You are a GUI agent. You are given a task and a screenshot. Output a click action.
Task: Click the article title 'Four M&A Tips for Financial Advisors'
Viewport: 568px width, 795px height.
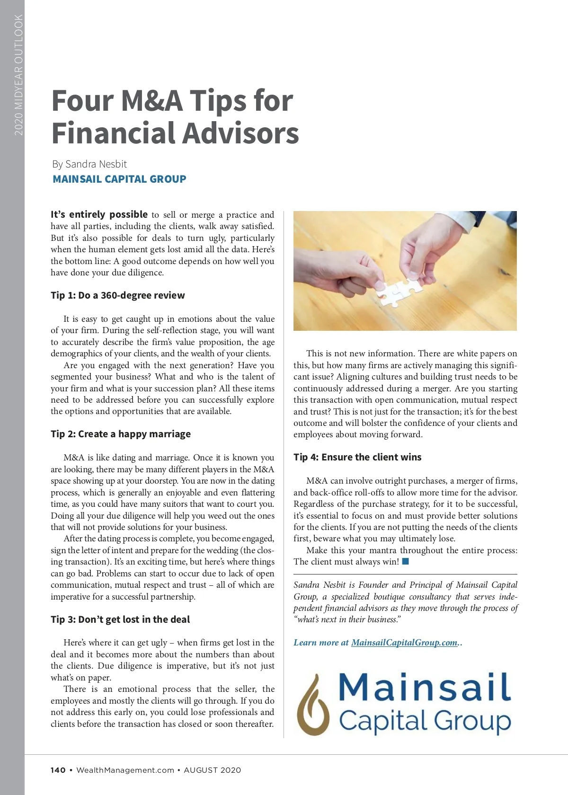tap(175, 116)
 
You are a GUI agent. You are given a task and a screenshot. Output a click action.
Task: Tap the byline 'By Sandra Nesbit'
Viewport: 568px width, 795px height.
tap(89, 164)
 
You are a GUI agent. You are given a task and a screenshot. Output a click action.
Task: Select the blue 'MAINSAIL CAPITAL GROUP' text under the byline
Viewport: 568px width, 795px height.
tap(119, 179)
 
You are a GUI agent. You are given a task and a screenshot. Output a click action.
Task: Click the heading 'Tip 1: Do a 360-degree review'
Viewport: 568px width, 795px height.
tap(118, 295)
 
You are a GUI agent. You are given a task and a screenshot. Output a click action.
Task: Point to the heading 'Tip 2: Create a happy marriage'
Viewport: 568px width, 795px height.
tap(121, 434)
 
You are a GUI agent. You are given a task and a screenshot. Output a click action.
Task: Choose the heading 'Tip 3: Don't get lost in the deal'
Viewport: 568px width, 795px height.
tap(120, 619)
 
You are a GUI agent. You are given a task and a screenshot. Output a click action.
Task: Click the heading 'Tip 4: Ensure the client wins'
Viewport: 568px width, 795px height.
tap(357, 457)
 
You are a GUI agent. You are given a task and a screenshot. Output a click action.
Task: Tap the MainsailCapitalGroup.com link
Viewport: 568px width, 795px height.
tap(404, 643)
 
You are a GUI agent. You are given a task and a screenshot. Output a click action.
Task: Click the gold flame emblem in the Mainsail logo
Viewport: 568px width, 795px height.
tap(312, 705)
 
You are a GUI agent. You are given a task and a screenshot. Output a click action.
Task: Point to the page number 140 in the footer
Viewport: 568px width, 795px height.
tap(58, 770)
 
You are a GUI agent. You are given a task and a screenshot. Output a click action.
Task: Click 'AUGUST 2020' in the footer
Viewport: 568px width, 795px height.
tap(213, 770)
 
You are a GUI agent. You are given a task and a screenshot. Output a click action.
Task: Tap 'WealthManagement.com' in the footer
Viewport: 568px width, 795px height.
tap(125, 770)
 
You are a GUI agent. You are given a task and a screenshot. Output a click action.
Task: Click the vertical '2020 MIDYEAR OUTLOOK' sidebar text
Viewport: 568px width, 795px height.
tap(18, 75)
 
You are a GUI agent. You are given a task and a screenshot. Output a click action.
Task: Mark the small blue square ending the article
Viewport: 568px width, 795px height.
tap(405, 562)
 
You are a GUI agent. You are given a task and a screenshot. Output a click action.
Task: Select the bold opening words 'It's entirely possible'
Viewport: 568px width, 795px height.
tap(99, 214)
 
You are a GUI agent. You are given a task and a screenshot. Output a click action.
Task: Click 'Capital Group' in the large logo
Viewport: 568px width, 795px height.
tap(425, 721)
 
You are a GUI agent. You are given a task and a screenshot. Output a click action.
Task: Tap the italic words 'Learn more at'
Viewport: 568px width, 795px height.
tap(321, 643)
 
